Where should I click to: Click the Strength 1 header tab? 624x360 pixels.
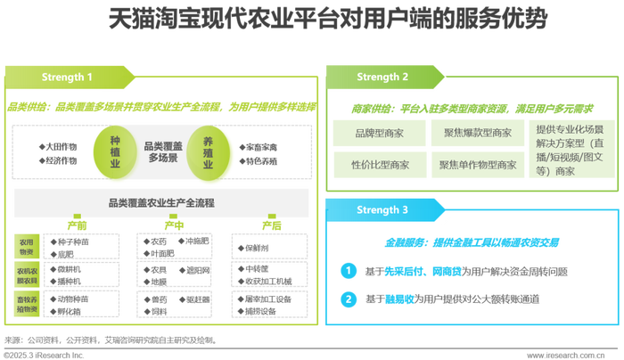67,78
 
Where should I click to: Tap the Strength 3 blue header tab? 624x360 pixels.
382,210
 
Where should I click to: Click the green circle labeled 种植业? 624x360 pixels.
115,150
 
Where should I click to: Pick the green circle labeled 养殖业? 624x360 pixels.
213,150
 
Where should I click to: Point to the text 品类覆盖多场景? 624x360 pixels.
164,151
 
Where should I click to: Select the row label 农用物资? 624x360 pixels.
25,246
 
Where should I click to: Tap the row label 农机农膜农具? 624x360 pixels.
25,274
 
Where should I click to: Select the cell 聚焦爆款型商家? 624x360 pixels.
478,134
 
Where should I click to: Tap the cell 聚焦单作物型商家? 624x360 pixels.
478,165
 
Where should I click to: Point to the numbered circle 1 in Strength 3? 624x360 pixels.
350,269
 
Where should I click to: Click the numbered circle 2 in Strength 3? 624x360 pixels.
350,299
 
